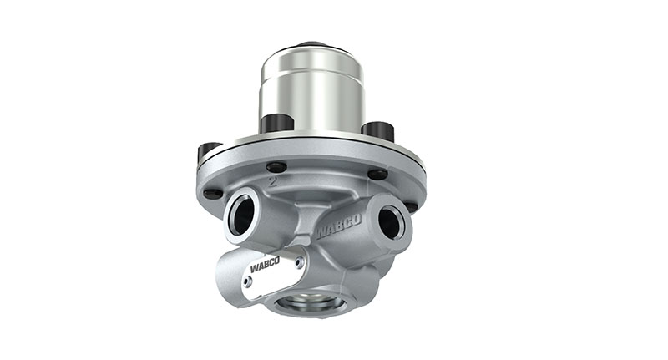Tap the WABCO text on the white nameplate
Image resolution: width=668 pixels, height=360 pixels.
(x=266, y=267)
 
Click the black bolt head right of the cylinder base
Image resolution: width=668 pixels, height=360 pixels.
(x=377, y=130)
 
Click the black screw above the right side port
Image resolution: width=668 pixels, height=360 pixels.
(x=378, y=175)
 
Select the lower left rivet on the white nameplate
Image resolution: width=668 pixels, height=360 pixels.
(x=248, y=281)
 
